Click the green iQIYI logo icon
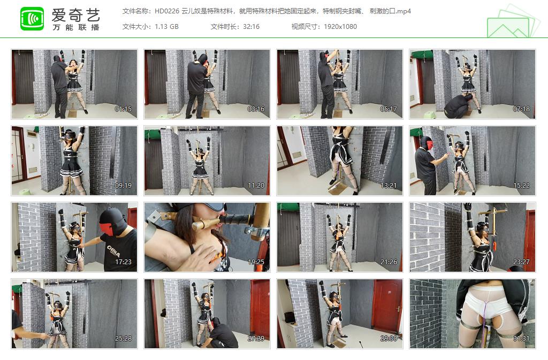pos(32,19)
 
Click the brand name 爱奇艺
pos(75,14)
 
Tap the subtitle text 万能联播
pos(75,27)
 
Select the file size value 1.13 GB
pos(166,27)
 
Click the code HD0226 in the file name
pos(166,11)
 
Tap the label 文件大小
pos(136,27)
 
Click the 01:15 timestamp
pos(123,109)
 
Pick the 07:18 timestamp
pos(521,109)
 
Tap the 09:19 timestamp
pos(123,186)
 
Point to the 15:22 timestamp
pos(521,186)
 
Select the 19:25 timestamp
pos(256,262)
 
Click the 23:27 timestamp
pos(521,262)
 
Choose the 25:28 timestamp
pos(123,339)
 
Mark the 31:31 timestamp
pos(521,339)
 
